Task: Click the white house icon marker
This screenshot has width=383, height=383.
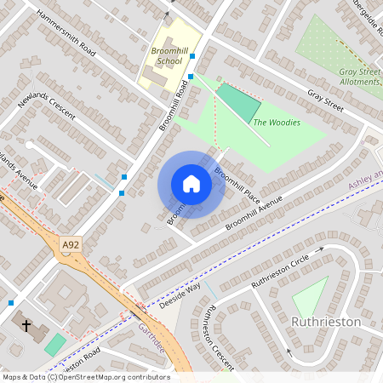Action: (191, 184)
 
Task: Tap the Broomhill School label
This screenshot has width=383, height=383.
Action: (166, 57)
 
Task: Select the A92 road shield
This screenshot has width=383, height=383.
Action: (71, 246)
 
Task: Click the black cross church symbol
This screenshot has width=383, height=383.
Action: (26, 325)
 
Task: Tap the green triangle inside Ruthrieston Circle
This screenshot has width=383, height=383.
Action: (310, 299)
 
